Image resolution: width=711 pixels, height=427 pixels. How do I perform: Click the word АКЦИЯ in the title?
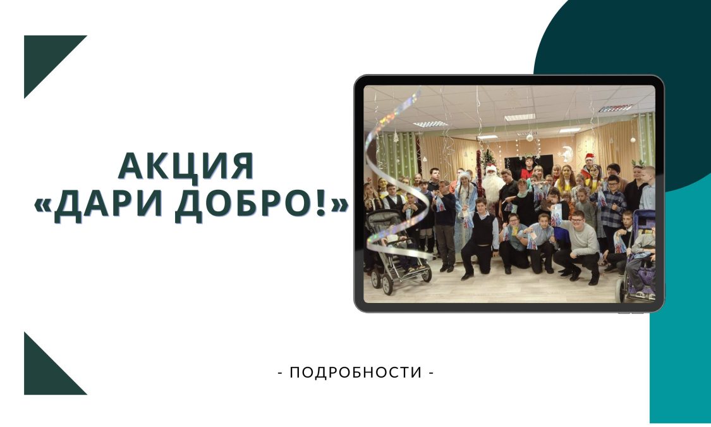pyautogui.click(x=185, y=167)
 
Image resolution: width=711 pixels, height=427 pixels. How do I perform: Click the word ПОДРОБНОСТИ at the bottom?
pyautogui.click(x=356, y=373)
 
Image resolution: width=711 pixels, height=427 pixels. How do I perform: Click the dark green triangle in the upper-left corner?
pyautogui.click(x=45, y=56)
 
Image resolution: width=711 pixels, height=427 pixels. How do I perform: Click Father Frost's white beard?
pyautogui.click(x=492, y=185)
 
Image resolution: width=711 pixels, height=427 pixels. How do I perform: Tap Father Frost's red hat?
pyautogui.click(x=491, y=168)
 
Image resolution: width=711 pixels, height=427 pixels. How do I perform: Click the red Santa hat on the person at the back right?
pyautogui.click(x=589, y=157)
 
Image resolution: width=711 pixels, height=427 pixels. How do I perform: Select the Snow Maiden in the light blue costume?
pyautogui.click(x=466, y=209)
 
